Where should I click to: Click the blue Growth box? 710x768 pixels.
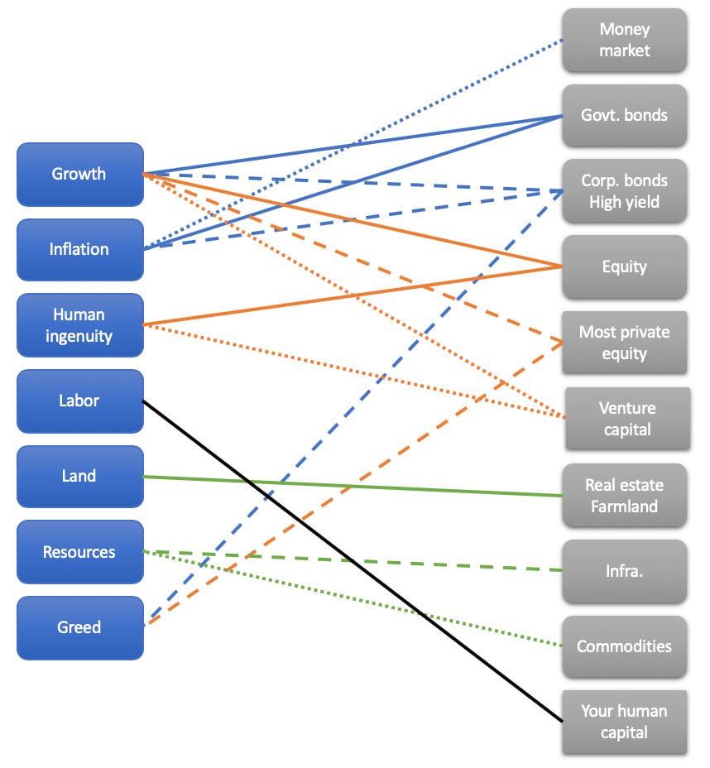click(80, 174)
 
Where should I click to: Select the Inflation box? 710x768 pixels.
click(80, 249)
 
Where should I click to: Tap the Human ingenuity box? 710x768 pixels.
click(80, 324)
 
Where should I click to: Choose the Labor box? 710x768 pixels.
click(80, 401)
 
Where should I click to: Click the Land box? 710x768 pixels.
click(80, 476)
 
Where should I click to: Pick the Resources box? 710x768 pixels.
click(80, 552)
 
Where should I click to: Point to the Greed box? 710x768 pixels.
click(80, 627)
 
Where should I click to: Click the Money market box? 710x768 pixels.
click(625, 40)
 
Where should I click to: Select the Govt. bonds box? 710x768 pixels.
click(625, 115)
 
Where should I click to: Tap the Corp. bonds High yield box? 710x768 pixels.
click(625, 191)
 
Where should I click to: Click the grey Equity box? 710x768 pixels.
click(625, 266)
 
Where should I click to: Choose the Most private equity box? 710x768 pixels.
click(625, 343)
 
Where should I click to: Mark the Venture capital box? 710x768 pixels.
click(627, 418)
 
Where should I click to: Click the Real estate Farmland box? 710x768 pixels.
click(625, 495)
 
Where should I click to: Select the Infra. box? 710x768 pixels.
click(625, 571)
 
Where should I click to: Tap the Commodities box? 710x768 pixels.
click(625, 646)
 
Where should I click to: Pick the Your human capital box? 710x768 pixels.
click(625, 722)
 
